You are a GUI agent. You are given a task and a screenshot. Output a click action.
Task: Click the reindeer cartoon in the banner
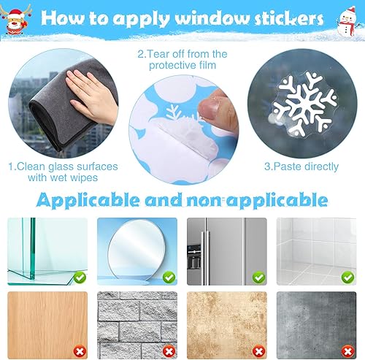click(x=15, y=20)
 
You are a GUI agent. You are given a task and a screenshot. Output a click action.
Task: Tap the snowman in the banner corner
click(x=347, y=21)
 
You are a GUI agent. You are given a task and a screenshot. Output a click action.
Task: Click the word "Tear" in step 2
click(x=158, y=54)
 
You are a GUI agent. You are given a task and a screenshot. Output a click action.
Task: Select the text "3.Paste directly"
click(x=301, y=166)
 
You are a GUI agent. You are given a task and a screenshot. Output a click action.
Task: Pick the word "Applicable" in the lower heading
click(x=88, y=201)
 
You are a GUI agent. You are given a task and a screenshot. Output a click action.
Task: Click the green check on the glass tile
click(x=80, y=277)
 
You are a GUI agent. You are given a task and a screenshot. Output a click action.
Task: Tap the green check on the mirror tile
click(x=169, y=277)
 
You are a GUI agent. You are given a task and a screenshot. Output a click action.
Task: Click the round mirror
click(x=137, y=250)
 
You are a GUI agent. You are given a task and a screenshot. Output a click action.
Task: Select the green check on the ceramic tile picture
click(x=348, y=277)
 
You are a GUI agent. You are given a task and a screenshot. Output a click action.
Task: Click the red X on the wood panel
click(x=80, y=351)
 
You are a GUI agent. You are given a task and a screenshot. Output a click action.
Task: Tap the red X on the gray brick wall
click(x=169, y=351)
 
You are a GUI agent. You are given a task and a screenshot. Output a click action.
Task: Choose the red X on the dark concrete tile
click(x=348, y=351)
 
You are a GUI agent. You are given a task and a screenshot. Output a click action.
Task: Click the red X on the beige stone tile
click(x=258, y=351)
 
